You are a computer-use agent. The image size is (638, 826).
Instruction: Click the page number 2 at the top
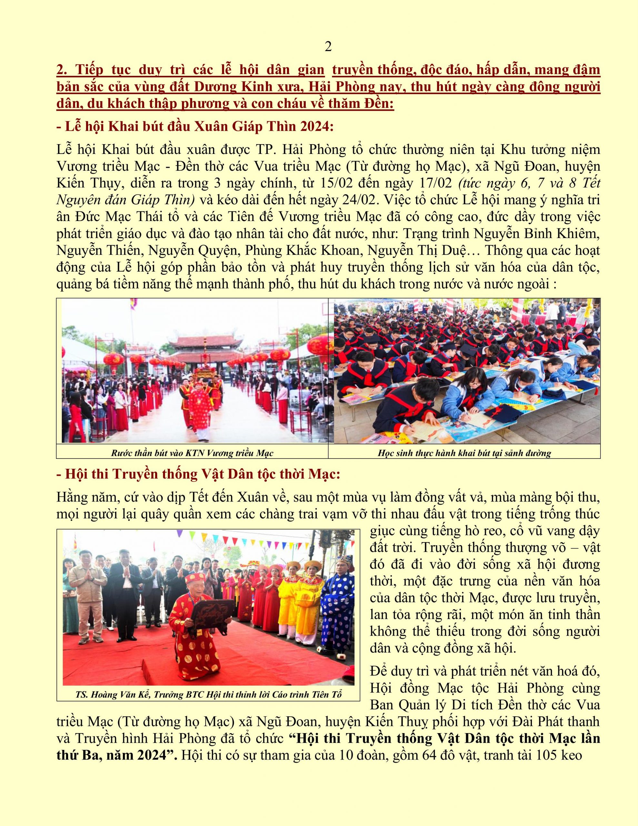[x=328, y=47]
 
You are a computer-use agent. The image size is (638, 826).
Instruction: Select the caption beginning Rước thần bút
[x=192, y=453]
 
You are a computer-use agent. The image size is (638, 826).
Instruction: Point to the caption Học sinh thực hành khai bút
[x=464, y=453]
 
